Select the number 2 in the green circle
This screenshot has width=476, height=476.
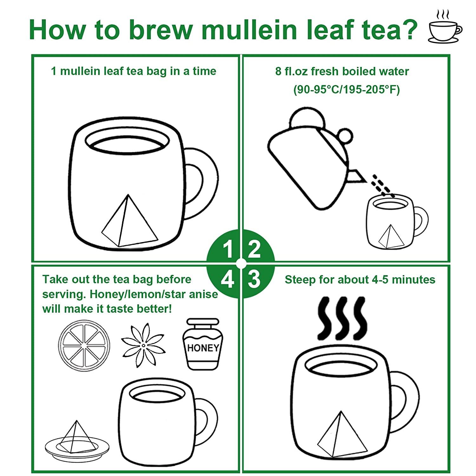[254, 249]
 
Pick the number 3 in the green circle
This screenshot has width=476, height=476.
[254, 279]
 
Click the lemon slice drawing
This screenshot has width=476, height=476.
[84, 346]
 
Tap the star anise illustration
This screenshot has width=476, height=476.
[143, 345]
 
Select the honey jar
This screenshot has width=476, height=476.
[203, 344]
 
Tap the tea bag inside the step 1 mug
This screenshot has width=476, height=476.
[129, 222]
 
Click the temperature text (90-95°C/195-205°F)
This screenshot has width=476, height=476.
[346, 90]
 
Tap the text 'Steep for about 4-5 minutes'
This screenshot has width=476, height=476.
[360, 280]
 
